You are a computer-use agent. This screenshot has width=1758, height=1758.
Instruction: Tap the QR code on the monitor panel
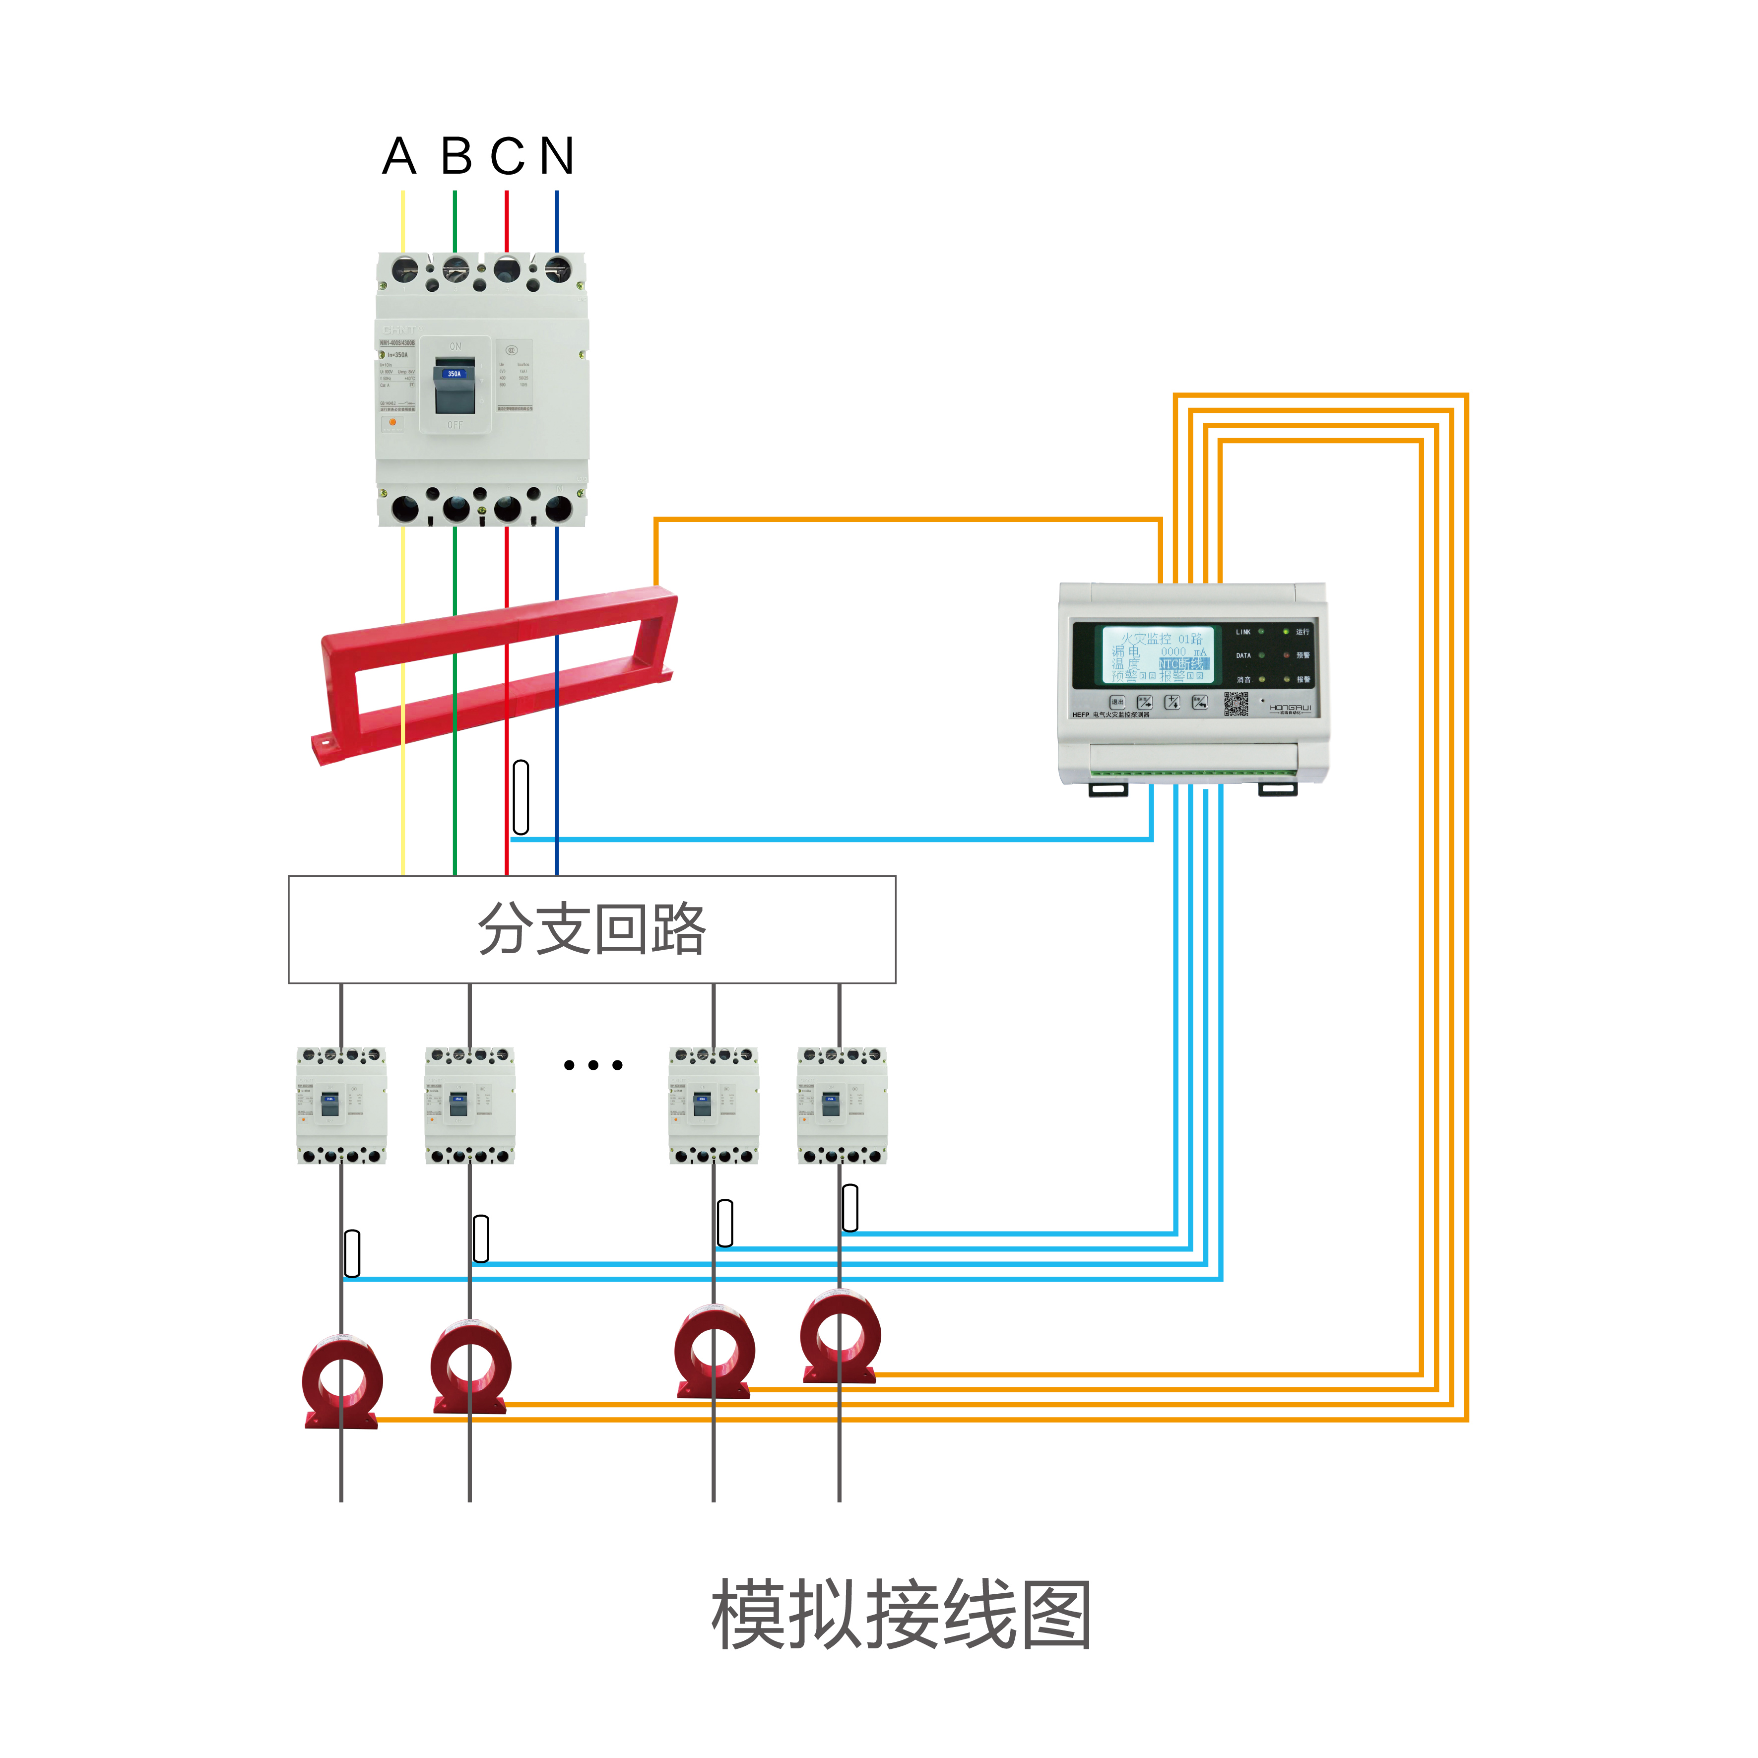pyautogui.click(x=1236, y=704)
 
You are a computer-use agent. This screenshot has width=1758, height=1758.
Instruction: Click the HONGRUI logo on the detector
pyautogui.click(x=1290, y=708)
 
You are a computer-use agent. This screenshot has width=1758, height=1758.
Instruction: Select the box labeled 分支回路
pyautogui.click(x=591, y=929)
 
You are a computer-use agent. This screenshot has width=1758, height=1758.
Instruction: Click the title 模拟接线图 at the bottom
pyautogui.click(x=901, y=1615)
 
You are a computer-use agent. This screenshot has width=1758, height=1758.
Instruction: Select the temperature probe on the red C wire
pyautogui.click(x=521, y=797)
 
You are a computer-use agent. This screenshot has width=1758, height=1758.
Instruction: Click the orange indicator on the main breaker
pyautogui.click(x=392, y=422)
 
